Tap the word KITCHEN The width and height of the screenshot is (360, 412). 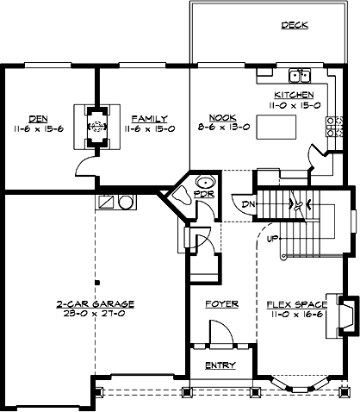coord(295,94)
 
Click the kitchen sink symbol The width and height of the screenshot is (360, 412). coord(300,74)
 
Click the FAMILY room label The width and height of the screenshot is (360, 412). coord(149,118)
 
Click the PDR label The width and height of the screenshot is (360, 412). coord(203,196)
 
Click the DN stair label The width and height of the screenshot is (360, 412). coord(248,203)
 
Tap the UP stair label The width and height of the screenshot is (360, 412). coord(273,239)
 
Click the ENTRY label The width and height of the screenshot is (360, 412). coord(220,365)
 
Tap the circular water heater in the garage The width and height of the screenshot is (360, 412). coord(126,203)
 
